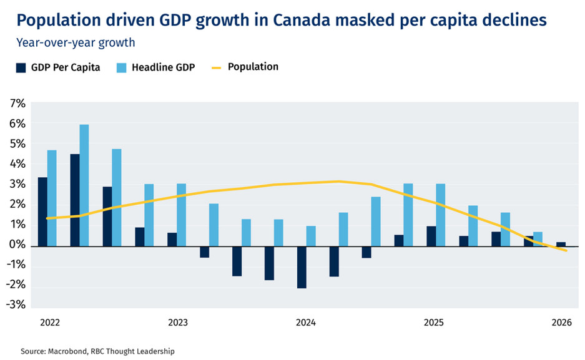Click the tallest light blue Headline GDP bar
[x=84, y=185]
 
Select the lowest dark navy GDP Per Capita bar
[x=302, y=267]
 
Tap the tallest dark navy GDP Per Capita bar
[x=75, y=200]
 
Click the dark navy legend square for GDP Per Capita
[x=21, y=68]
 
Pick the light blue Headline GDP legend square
[x=122, y=68]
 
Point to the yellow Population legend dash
[x=217, y=68]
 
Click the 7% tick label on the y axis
[x=17, y=104]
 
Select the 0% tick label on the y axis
[x=17, y=245]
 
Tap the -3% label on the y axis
[x=16, y=304]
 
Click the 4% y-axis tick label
[x=17, y=164]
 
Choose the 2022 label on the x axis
[x=50, y=323]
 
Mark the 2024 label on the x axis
[x=306, y=323]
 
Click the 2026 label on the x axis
[x=562, y=323]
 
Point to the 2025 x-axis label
[x=434, y=323]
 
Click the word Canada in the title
[x=302, y=20]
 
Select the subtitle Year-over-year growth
[x=76, y=43]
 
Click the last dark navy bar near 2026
[x=561, y=244]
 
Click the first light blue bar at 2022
[x=52, y=198]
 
